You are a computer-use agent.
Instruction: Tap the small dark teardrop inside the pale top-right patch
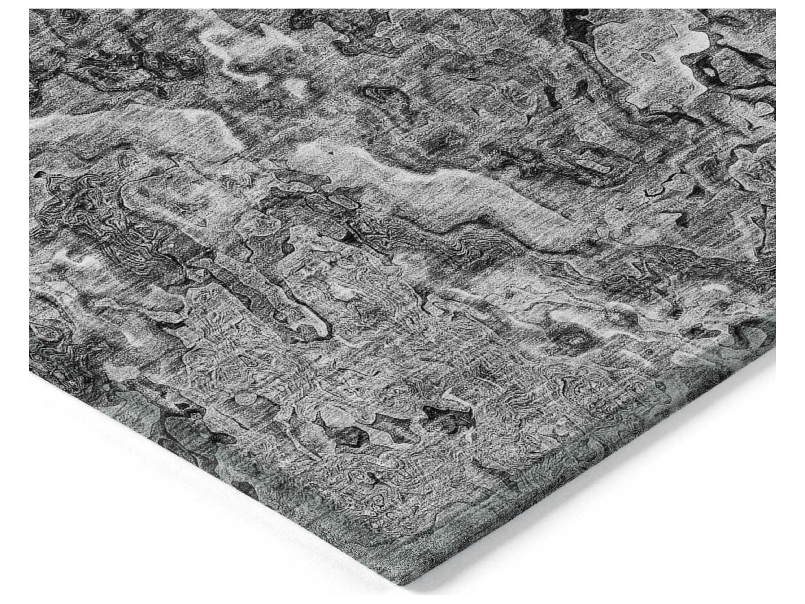[x=647, y=57]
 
